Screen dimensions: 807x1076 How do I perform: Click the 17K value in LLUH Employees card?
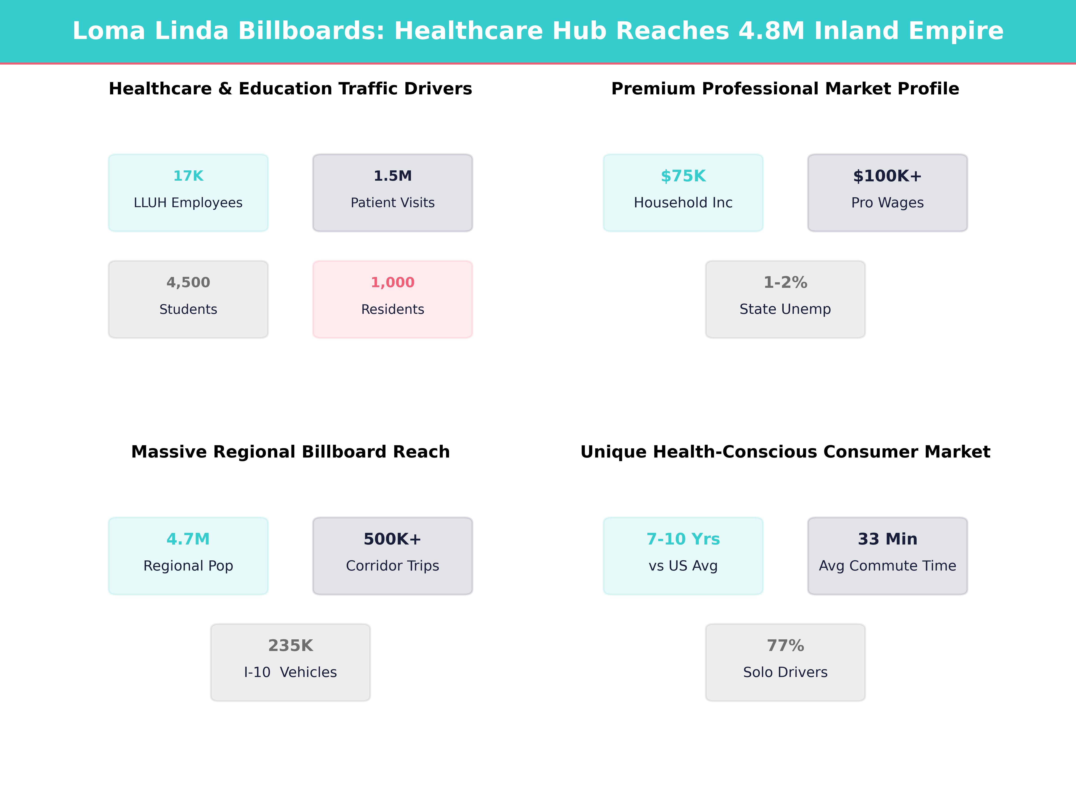188,176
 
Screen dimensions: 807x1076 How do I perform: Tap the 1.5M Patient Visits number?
393,176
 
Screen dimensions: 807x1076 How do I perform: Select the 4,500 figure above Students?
188,283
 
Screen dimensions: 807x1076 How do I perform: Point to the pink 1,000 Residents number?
393,283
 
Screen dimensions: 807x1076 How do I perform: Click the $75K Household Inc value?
683,176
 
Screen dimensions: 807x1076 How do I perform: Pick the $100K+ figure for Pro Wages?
887,176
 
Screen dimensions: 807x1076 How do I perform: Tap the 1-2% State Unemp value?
785,283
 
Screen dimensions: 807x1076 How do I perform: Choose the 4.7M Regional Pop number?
188,539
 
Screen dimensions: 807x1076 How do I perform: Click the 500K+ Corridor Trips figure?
393,539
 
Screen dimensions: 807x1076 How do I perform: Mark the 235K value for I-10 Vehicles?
290,646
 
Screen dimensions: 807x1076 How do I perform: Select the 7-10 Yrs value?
683,539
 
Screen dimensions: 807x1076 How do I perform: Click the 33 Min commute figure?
887,539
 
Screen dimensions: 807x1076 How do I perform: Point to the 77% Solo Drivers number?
785,646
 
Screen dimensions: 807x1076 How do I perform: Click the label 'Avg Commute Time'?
887,566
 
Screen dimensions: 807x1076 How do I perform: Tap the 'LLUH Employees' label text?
188,203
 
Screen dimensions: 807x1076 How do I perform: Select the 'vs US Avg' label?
683,566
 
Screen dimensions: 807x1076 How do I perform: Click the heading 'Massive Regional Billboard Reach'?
290,452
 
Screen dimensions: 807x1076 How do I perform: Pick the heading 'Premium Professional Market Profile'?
785,89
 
